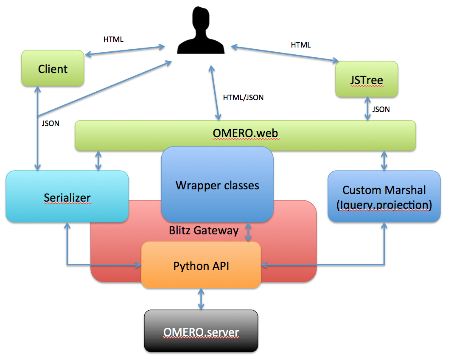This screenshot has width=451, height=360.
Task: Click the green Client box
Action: tap(53, 69)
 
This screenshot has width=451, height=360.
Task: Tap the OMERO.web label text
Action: tap(245, 134)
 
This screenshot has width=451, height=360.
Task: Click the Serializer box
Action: tap(67, 197)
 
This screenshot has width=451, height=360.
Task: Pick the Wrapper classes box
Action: tap(217, 186)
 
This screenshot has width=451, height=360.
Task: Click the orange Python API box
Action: tap(201, 266)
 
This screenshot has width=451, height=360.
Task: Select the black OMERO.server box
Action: tap(201, 331)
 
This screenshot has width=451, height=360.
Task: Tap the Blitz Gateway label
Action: tap(204, 231)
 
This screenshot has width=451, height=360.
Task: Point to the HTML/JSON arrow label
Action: tap(243, 98)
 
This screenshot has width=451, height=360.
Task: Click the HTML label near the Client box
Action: tap(113, 39)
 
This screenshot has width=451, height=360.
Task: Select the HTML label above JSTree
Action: tap(300, 45)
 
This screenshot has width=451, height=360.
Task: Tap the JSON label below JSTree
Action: tap(381, 109)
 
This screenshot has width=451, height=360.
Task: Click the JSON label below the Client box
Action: tap(50, 124)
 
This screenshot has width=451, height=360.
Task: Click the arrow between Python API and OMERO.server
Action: tap(201, 299)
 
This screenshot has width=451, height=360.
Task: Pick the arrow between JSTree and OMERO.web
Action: tap(367, 108)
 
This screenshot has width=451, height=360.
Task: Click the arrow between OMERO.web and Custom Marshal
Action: tap(384, 160)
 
